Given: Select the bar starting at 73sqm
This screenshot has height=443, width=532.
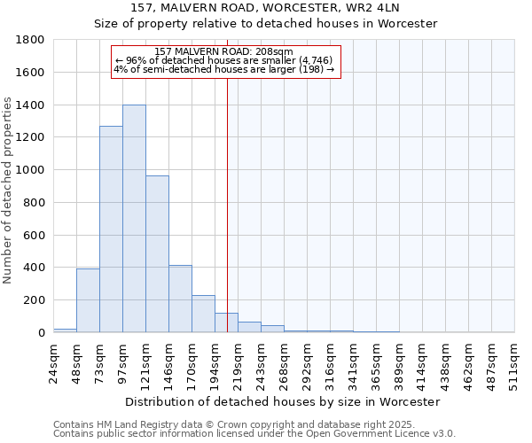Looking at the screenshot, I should click(x=111, y=229).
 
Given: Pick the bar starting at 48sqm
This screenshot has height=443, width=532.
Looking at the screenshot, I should click(x=88, y=300).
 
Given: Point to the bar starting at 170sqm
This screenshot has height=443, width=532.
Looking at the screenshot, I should click(x=203, y=314).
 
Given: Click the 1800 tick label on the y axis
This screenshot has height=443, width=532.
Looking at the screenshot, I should click(x=31, y=40).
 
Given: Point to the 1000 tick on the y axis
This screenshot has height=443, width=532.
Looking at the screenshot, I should click(x=31, y=170).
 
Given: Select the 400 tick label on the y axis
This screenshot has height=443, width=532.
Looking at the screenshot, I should click(x=35, y=268).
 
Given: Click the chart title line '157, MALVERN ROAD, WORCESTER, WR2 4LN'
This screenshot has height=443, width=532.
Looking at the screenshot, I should click(x=266, y=8).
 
